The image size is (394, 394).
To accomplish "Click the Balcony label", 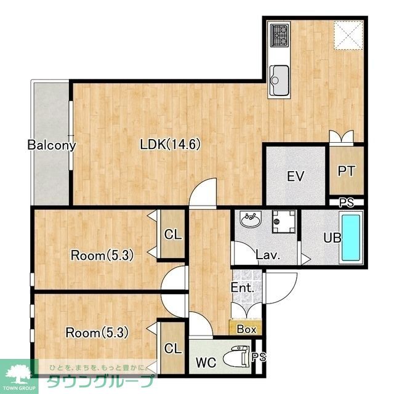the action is click(52, 145).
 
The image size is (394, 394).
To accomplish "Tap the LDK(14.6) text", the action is click(171, 145).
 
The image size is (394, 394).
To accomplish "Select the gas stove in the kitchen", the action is click(279, 36).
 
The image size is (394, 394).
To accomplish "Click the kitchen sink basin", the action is click(279, 81).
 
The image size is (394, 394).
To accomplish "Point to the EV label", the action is click(295, 176).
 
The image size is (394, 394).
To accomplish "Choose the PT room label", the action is click(347, 171).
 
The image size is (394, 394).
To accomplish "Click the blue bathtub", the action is click(351, 238).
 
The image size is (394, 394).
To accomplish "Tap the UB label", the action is click(332, 238).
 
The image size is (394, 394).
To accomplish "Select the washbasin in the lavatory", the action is click(251, 219).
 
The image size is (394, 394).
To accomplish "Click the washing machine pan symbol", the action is click(283, 222).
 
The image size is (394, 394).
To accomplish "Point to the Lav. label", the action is click(268, 255).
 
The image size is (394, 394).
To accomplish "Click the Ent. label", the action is click(243, 287).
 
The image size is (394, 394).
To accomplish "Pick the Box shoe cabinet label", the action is click(246, 329).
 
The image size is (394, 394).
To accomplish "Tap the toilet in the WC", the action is click(236, 356).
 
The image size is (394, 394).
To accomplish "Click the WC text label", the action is click(206, 363).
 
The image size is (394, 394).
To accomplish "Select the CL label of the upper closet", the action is click(173, 235).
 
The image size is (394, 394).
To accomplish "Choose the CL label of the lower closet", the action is click(173, 348).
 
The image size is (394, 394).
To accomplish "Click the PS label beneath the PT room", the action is click(347, 203).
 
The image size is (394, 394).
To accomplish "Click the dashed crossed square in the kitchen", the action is click(348, 35).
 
